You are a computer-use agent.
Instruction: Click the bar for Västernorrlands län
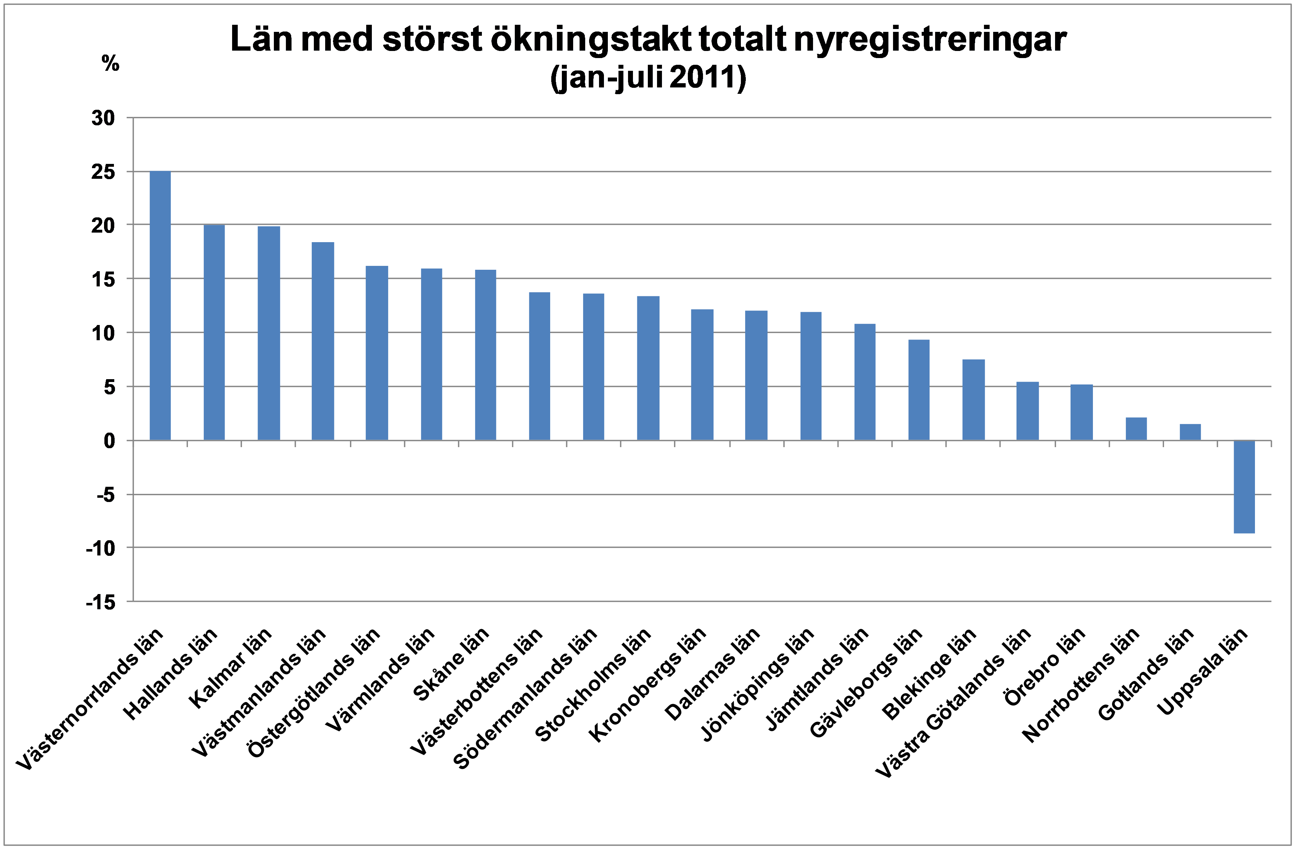point(160,306)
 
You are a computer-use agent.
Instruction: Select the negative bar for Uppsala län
point(1244,486)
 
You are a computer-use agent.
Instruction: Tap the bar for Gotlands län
point(1190,432)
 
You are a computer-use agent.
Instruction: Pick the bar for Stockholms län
point(648,368)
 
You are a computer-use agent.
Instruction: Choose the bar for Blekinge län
point(974,400)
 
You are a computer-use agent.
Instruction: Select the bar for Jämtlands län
point(865,382)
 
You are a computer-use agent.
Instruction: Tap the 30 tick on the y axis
point(103,118)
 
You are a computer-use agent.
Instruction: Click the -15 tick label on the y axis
point(101,602)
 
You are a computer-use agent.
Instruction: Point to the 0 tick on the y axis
point(109,441)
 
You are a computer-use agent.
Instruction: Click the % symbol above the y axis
point(110,64)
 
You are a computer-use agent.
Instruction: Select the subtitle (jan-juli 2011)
point(648,78)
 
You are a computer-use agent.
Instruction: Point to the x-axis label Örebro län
point(1044,666)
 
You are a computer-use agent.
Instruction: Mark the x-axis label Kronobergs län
point(648,685)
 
